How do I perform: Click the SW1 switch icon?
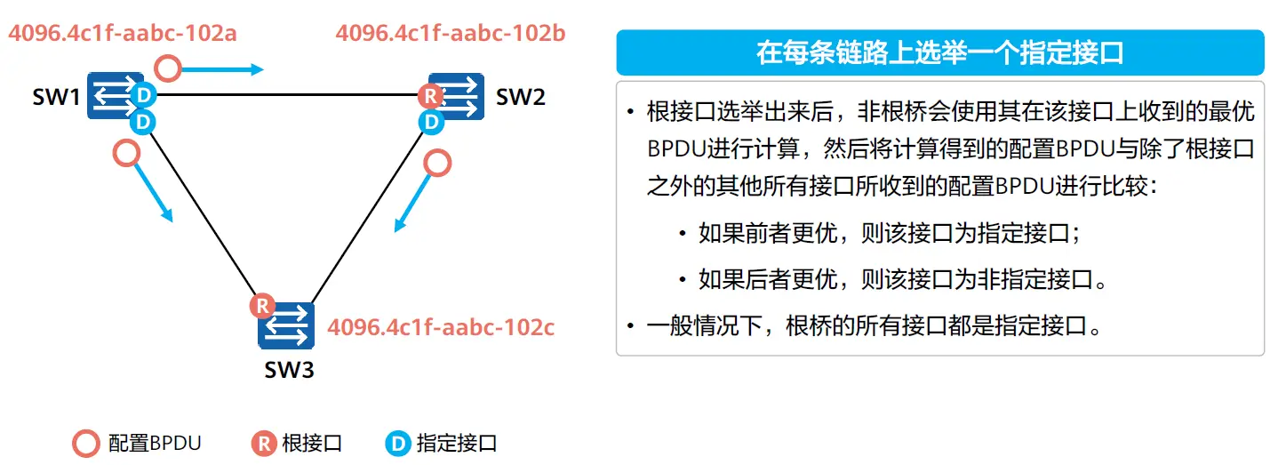click(x=116, y=95)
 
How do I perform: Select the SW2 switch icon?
click(x=457, y=96)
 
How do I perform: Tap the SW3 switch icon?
click(x=286, y=325)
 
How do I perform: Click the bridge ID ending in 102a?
click(x=123, y=33)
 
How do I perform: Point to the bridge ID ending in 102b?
click(x=451, y=33)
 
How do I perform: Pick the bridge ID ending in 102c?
click(x=441, y=327)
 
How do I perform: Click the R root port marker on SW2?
click(x=431, y=96)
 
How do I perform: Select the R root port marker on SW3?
click(x=262, y=306)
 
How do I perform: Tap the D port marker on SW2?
click(x=431, y=122)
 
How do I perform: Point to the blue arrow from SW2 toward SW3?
click(x=412, y=203)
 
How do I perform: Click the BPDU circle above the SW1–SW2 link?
click(x=168, y=68)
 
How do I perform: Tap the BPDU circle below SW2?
click(x=437, y=163)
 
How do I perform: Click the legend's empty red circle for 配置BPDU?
click(x=86, y=444)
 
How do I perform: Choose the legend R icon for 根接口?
click(x=264, y=444)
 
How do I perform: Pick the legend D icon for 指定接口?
click(x=398, y=444)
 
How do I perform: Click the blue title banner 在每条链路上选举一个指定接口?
click(x=939, y=52)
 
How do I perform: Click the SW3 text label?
click(x=289, y=370)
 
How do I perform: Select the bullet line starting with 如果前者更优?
click(x=890, y=233)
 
